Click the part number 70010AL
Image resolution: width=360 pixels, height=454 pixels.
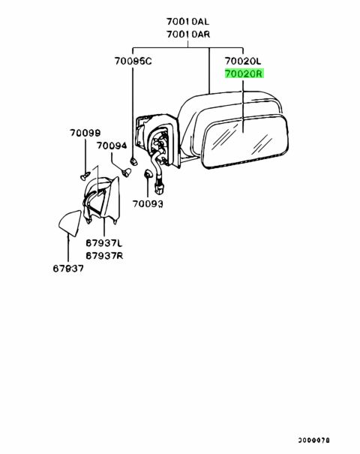click(x=187, y=22)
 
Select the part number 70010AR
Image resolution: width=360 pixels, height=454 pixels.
click(x=188, y=35)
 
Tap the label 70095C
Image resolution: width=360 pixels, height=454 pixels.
click(x=133, y=61)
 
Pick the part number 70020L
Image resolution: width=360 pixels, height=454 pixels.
click(x=243, y=61)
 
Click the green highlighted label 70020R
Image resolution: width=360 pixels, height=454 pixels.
click(x=244, y=74)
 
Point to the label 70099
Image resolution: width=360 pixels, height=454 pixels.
click(x=85, y=133)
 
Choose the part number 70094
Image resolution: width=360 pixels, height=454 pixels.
click(x=112, y=146)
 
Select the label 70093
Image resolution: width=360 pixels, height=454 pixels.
click(x=148, y=204)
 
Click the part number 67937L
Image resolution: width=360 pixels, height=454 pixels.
click(x=104, y=243)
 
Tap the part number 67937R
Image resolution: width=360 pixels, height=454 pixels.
click(x=104, y=256)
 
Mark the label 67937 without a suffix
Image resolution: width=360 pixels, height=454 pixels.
click(x=68, y=269)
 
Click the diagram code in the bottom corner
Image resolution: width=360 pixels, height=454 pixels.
click(x=314, y=440)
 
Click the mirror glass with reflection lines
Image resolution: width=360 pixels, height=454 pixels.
click(x=245, y=142)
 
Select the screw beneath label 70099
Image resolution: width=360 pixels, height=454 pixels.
click(x=85, y=176)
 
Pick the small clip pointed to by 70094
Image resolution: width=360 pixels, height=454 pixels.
click(x=126, y=173)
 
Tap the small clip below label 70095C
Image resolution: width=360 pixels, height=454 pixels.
click(x=133, y=161)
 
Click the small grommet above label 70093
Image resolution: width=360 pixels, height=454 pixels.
click(x=147, y=173)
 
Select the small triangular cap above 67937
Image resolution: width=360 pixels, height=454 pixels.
click(x=70, y=223)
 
